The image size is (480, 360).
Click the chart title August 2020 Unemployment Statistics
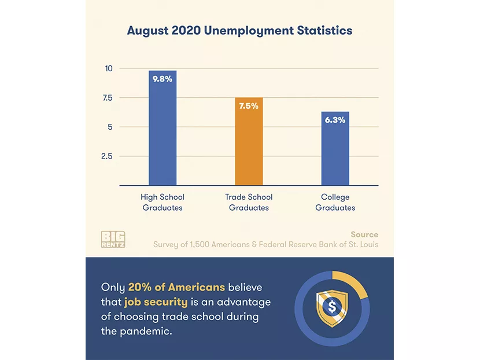tap(239, 31)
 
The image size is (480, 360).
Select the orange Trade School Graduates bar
tap(249, 145)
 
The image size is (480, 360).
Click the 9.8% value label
tap(163, 79)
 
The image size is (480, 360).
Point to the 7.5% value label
tap(249, 106)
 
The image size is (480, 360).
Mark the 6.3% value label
tap(335, 120)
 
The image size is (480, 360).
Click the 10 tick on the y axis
tap(108, 68)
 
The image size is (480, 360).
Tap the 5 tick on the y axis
tap(109, 127)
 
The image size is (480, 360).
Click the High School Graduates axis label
tap(163, 203)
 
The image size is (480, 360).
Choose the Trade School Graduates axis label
tap(249, 203)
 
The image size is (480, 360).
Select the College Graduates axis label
tap(335, 203)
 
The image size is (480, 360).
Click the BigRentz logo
tap(113, 239)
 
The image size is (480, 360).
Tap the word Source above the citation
tap(364, 234)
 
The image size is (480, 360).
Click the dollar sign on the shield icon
tap(332, 307)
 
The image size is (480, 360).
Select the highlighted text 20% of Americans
tap(176, 288)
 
